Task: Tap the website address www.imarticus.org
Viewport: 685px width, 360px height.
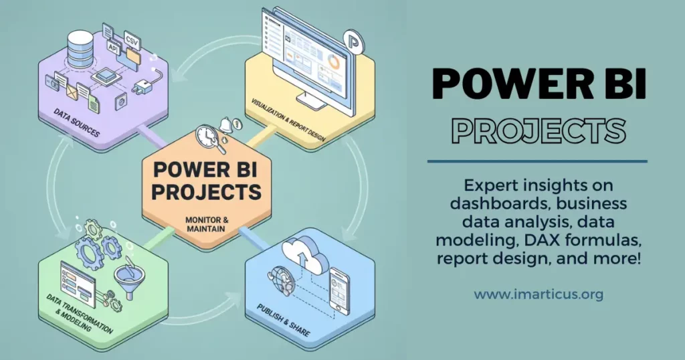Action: [539, 294]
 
